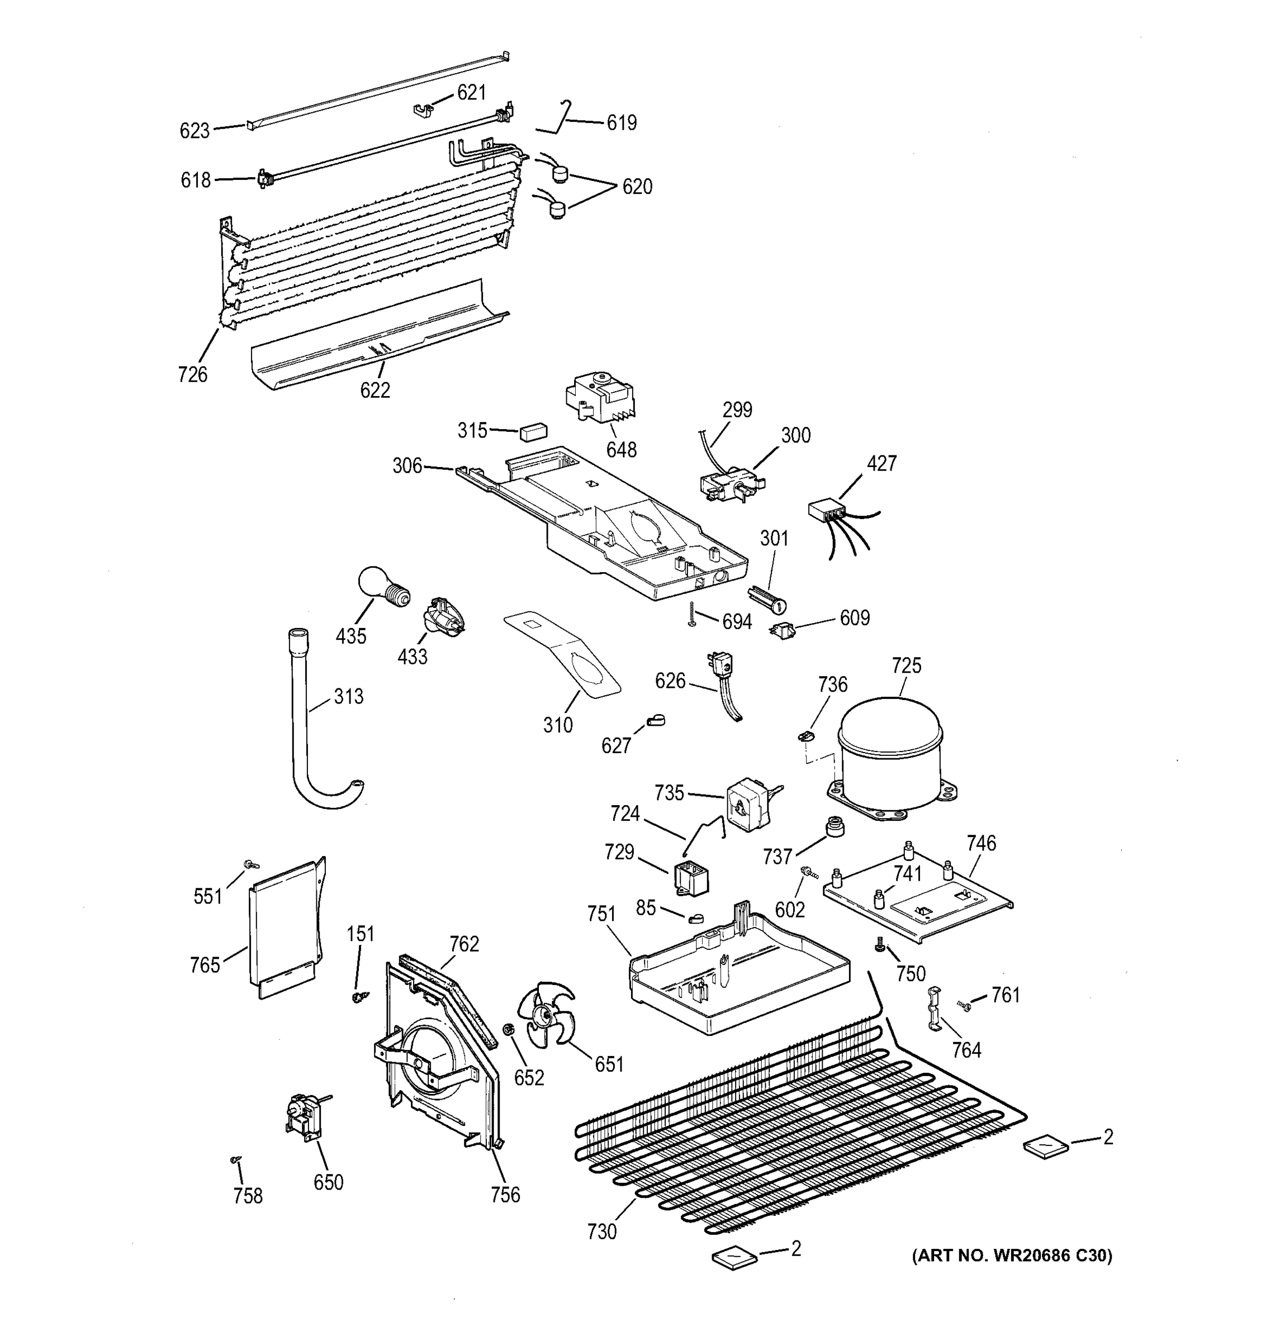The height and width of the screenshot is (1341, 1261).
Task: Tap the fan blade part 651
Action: tap(545, 1015)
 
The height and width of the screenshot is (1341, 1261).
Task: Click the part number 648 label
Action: tap(620, 450)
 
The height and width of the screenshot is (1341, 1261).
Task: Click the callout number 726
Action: tap(192, 374)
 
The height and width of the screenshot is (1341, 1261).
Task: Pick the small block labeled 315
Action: tap(533, 432)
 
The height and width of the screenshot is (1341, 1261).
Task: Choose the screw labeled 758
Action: tap(235, 1159)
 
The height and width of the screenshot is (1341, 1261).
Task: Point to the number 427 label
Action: tap(881, 463)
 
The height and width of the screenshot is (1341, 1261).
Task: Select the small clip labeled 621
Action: tap(423, 110)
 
